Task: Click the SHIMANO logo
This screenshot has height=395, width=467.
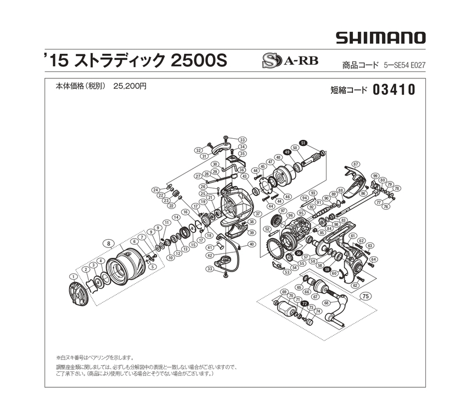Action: click(x=380, y=38)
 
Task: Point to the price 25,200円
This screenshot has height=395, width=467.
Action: click(x=130, y=86)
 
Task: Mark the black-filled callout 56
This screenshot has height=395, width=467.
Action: click(x=299, y=253)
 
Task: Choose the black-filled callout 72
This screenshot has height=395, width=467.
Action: click(x=304, y=303)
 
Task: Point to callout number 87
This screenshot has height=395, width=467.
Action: click(x=356, y=164)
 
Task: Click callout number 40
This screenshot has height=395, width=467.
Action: click(x=252, y=244)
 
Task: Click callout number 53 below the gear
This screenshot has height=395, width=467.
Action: click(x=286, y=273)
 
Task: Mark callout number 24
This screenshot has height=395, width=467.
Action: click(x=155, y=190)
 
